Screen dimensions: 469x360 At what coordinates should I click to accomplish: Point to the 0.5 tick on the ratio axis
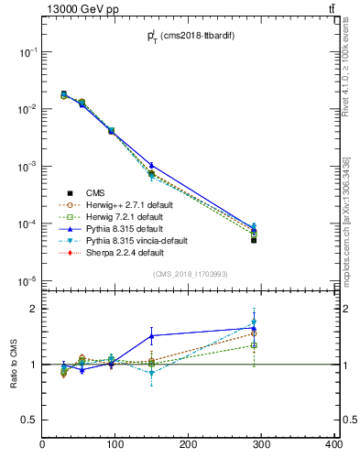[x=30, y=420]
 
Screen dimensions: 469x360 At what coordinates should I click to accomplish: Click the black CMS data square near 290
[x=254, y=240]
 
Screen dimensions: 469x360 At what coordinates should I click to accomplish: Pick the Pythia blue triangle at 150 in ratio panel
[x=151, y=336]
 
